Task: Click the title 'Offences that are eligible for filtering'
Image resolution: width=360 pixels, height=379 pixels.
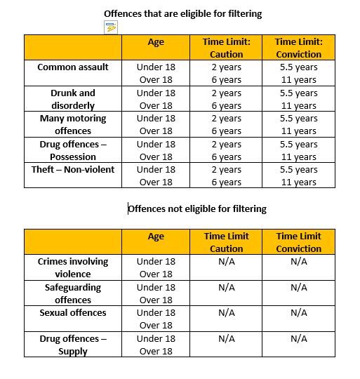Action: click(x=183, y=13)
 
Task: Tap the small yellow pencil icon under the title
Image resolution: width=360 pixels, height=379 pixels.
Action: click(x=110, y=27)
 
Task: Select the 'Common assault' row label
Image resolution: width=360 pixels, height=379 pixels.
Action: click(x=73, y=67)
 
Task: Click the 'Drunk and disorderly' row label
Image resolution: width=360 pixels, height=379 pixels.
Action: click(x=73, y=99)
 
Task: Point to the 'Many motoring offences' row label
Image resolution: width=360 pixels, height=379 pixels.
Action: click(x=73, y=124)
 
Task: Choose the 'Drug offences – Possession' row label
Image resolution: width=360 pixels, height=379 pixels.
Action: click(x=73, y=150)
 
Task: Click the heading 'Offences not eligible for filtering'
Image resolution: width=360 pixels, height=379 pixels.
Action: click(x=197, y=208)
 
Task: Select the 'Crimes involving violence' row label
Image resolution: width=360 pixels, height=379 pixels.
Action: click(x=73, y=267)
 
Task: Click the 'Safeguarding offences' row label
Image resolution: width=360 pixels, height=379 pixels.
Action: click(x=73, y=293)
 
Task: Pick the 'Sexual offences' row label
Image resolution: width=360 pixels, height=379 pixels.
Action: click(x=73, y=312)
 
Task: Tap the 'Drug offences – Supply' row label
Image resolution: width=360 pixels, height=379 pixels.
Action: click(x=73, y=345)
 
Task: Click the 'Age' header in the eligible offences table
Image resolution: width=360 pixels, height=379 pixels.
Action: click(x=156, y=42)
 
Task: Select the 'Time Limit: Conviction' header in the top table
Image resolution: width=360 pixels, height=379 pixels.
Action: click(x=298, y=48)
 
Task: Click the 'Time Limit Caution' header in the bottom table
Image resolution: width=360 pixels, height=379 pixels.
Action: click(x=227, y=242)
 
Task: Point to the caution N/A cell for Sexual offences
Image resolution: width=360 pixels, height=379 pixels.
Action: click(x=227, y=312)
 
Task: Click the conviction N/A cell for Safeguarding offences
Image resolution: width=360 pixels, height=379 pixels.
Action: click(x=298, y=287)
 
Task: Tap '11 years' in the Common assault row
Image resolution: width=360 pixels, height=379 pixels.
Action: click(x=298, y=80)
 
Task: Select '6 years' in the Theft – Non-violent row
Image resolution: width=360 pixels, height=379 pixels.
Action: click(x=227, y=182)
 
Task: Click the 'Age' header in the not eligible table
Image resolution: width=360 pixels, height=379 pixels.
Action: click(x=156, y=237)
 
